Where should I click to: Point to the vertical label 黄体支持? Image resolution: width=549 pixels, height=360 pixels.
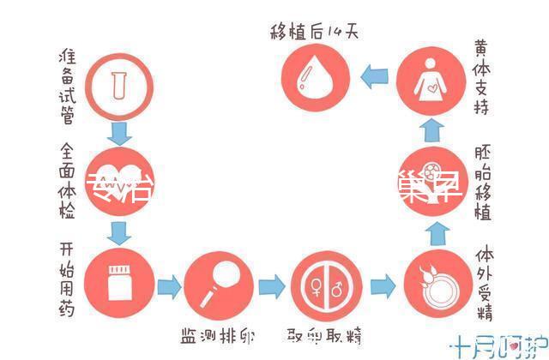pos(482,79)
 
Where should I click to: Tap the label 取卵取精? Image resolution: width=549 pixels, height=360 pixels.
pos(322,333)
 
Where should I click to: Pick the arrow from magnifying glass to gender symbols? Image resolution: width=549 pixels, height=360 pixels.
pos(269,285)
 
